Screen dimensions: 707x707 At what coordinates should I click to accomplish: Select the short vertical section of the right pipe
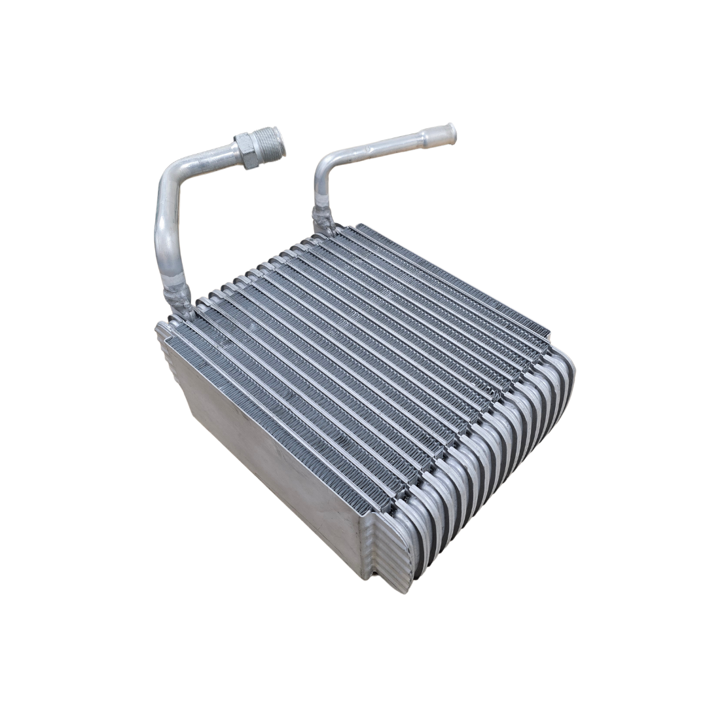click(320, 193)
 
